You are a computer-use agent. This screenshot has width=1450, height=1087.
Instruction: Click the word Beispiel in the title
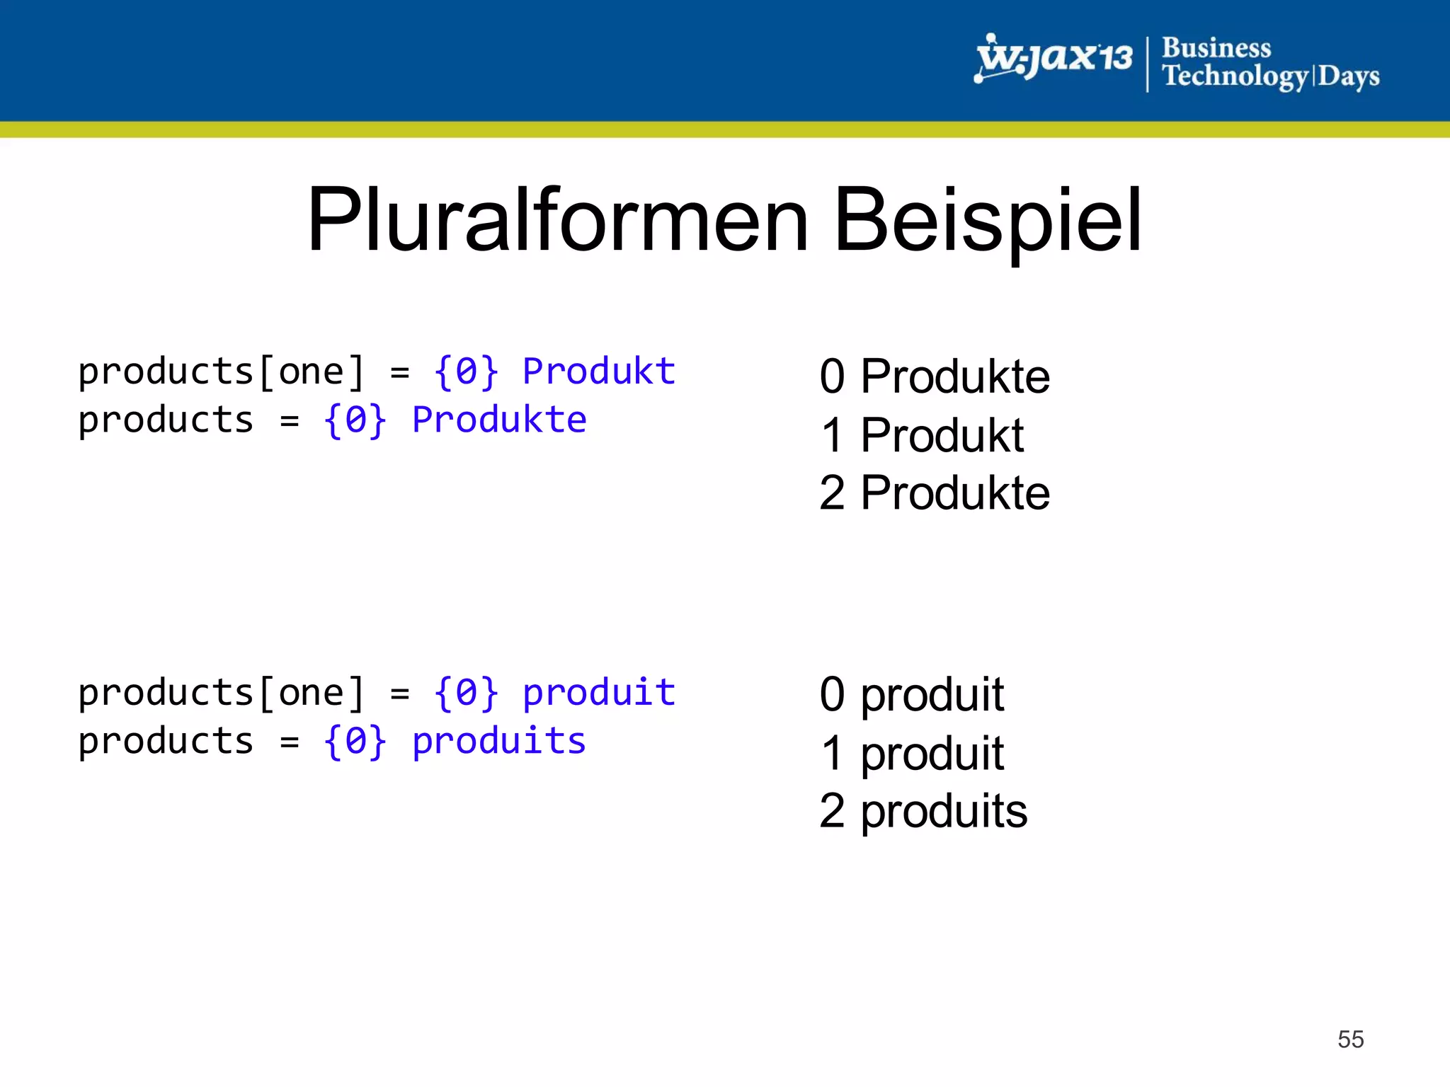[988, 220]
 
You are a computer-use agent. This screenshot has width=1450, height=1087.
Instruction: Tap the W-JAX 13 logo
[1054, 58]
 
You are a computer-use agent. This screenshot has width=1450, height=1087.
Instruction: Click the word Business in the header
[1216, 47]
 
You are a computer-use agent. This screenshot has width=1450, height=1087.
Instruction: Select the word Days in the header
[1348, 76]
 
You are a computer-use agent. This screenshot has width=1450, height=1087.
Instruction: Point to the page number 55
[1350, 1039]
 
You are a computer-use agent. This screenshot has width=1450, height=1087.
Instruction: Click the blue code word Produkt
[599, 372]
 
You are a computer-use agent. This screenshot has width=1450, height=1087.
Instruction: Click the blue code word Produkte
[499, 420]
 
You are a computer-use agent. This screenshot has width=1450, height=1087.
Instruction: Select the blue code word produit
[599, 692]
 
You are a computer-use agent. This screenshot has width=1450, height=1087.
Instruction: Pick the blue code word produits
[499, 741]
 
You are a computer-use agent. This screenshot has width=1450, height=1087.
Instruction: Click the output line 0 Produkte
[934, 376]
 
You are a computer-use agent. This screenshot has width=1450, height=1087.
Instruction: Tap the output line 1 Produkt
[922, 435]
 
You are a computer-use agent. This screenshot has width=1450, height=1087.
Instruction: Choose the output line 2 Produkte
[934, 493]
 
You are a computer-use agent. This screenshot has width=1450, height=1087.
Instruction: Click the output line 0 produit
[911, 694]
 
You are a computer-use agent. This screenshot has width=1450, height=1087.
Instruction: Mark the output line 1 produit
[911, 753]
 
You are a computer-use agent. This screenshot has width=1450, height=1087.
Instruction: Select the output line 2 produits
[923, 811]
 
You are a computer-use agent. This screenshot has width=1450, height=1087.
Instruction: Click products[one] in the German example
[221, 372]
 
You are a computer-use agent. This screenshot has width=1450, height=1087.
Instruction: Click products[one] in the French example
[221, 692]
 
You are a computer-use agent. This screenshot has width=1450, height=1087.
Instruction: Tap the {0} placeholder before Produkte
[355, 420]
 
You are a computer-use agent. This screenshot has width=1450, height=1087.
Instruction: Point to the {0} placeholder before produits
[355, 741]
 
